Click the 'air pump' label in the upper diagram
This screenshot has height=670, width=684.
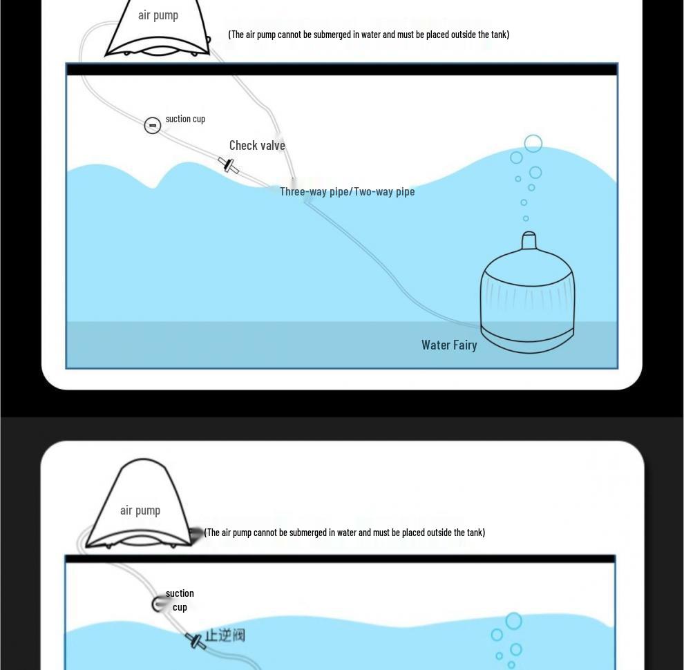[158, 15]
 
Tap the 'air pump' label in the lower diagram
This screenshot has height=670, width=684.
[140, 510]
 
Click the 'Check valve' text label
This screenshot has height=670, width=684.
[257, 145]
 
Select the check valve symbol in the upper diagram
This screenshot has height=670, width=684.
[229, 166]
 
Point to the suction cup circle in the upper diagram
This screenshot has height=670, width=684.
[153, 125]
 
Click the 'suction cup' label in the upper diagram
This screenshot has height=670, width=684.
[185, 119]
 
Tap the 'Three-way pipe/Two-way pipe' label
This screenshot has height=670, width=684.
[347, 191]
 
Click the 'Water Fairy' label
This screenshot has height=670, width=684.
[449, 345]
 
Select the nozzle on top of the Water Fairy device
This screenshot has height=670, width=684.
[529, 241]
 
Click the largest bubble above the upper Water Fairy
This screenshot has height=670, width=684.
[533, 144]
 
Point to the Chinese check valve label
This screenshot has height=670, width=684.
[225, 635]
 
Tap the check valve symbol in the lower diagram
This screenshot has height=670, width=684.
[196, 641]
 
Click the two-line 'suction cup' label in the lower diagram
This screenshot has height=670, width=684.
[180, 600]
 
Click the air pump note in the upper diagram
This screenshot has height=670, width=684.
[368, 35]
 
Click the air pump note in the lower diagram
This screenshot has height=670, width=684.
[345, 533]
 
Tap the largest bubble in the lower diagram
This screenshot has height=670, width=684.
[513, 621]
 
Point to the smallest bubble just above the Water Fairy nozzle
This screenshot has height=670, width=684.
[526, 218]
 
